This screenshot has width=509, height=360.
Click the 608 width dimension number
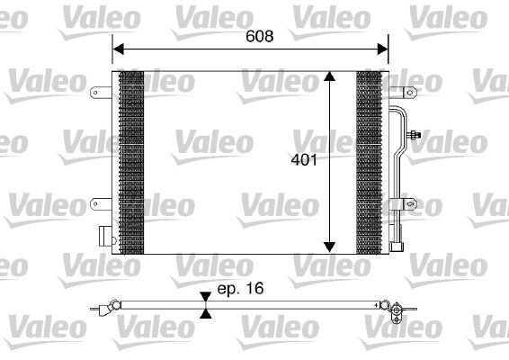point(258,38)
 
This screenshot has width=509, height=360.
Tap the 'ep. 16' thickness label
point(240,292)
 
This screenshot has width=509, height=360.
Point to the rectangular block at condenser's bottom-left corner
point(105,238)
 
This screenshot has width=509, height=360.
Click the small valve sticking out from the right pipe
point(415,137)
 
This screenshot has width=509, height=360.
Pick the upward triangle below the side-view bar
point(206,316)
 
